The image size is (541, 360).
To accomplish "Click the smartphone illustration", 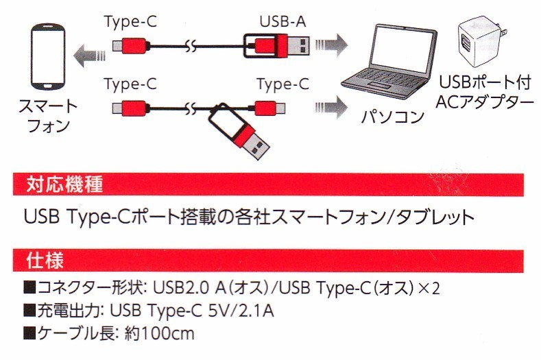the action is click(48, 57).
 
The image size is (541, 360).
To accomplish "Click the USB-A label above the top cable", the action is click(282, 21).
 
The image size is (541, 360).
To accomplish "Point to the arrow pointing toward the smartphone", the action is click(89, 56).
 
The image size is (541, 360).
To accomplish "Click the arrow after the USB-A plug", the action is click(331, 45).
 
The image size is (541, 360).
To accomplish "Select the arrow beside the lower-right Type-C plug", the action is click(331, 108).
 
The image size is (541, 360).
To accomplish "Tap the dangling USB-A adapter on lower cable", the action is click(238, 131).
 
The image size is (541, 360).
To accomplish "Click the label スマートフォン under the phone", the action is click(48, 116).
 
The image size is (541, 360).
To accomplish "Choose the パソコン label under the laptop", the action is click(392, 117).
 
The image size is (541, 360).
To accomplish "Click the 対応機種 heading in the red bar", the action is click(64, 184).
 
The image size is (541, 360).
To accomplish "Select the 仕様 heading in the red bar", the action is click(45, 261).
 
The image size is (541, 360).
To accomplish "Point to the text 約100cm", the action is click(159, 333).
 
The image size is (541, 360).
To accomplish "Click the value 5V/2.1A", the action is click(241, 311).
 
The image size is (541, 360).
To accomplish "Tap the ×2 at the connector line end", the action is click(429, 288).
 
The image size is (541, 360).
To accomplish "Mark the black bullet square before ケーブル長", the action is click(29, 334).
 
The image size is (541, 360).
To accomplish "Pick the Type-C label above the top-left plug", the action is click(130, 21).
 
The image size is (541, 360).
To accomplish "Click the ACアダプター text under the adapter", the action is click(484, 101).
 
